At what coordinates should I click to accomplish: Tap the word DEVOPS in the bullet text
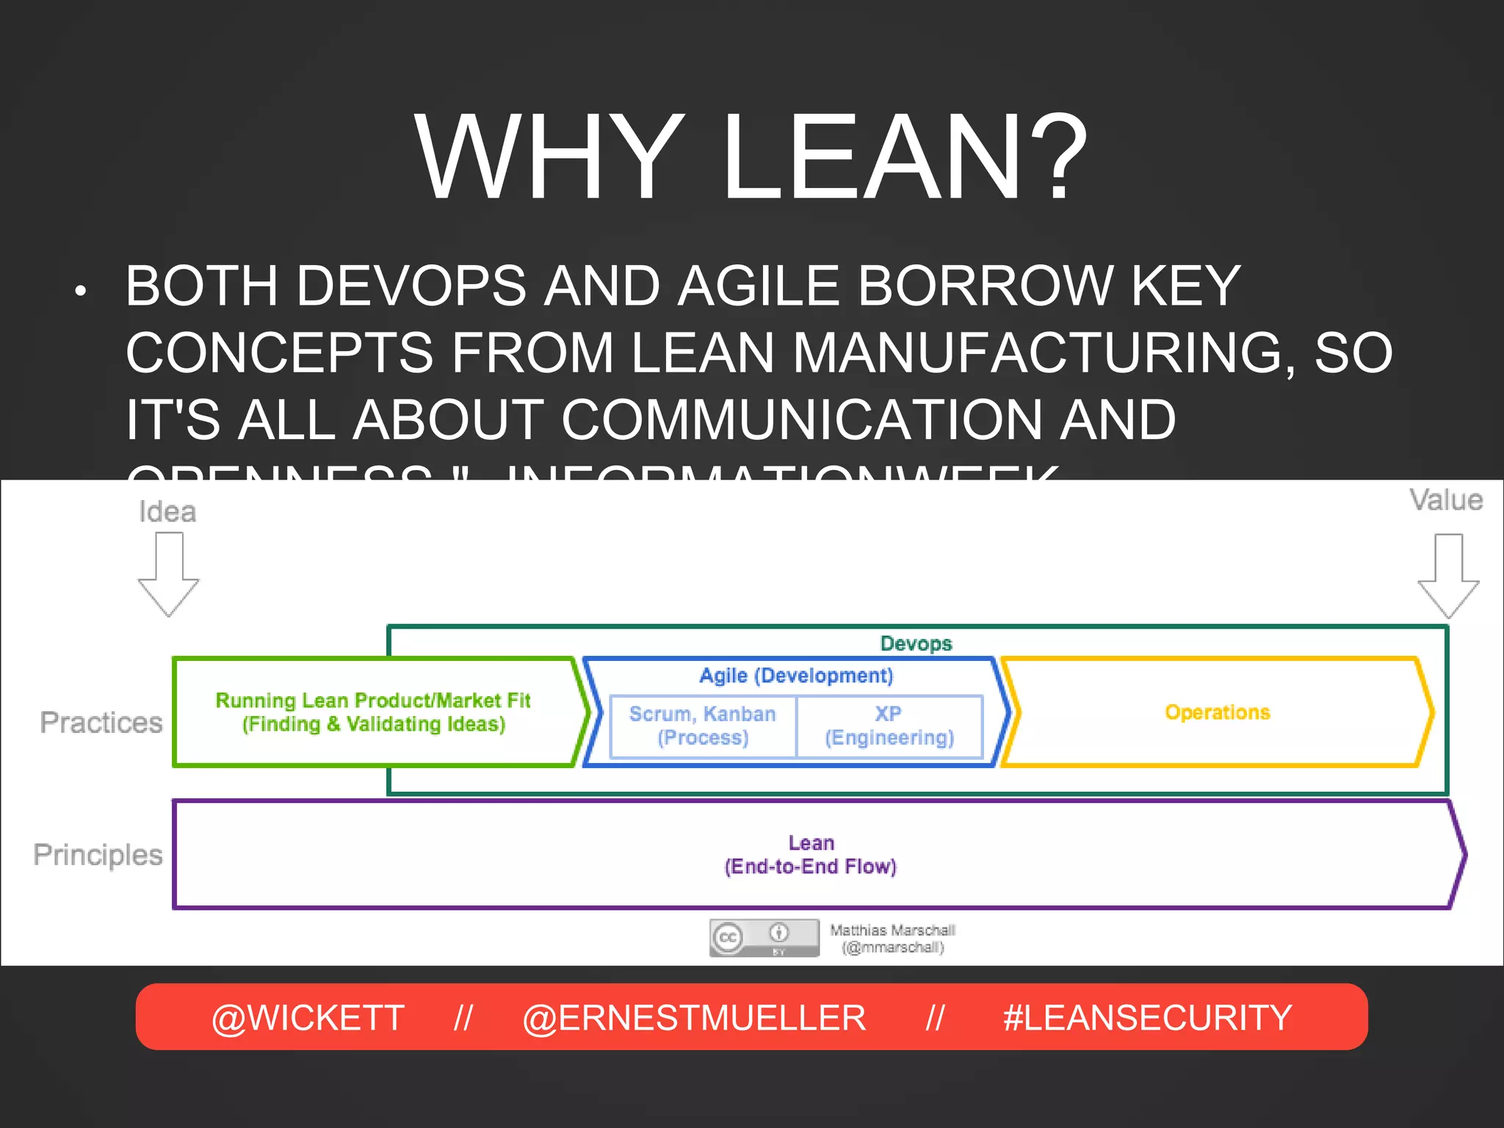[411, 286]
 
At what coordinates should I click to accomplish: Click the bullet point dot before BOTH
[81, 292]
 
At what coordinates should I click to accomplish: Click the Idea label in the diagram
[167, 511]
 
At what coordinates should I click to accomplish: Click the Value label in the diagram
[1445, 500]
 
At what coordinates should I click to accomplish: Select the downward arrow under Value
[1447, 576]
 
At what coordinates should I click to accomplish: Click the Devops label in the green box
[916, 643]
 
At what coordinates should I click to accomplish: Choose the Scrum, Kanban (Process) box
[703, 726]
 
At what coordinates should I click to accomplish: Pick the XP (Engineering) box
[889, 726]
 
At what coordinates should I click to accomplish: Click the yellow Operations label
[1217, 712]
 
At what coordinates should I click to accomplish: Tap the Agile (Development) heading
[796, 676]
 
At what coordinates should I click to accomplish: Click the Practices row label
[101, 723]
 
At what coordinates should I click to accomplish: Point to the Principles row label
[98, 855]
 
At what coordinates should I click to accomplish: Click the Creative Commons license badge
[764, 938]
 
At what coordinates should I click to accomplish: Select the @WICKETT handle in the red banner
[308, 1018]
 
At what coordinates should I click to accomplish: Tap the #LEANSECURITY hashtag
[1147, 1018]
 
